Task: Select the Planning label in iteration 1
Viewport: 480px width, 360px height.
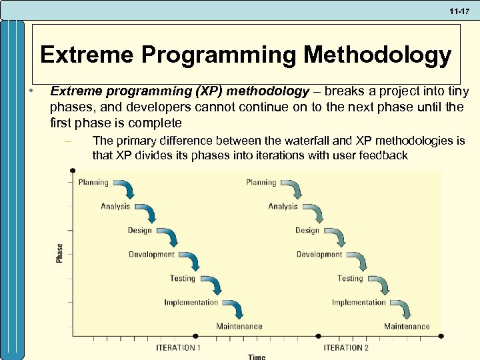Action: [x=93, y=182]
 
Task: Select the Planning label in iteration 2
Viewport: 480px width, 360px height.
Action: [x=261, y=182]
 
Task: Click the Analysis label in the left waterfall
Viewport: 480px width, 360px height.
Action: [x=115, y=206]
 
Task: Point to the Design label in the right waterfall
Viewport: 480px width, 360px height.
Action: [x=307, y=230]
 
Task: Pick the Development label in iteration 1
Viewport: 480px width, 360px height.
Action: [x=151, y=254]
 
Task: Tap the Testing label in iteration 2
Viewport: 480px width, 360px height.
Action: [x=350, y=278]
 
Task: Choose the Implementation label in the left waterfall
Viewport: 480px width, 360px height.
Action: [x=191, y=302]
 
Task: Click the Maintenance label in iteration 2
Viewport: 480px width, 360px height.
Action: [x=407, y=326]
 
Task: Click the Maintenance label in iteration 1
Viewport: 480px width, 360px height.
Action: [x=239, y=326]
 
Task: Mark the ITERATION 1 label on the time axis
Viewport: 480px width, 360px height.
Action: [x=178, y=347]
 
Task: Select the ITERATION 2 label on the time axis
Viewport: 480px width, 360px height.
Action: [x=346, y=347]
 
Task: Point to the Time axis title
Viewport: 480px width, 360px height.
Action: [x=257, y=357]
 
